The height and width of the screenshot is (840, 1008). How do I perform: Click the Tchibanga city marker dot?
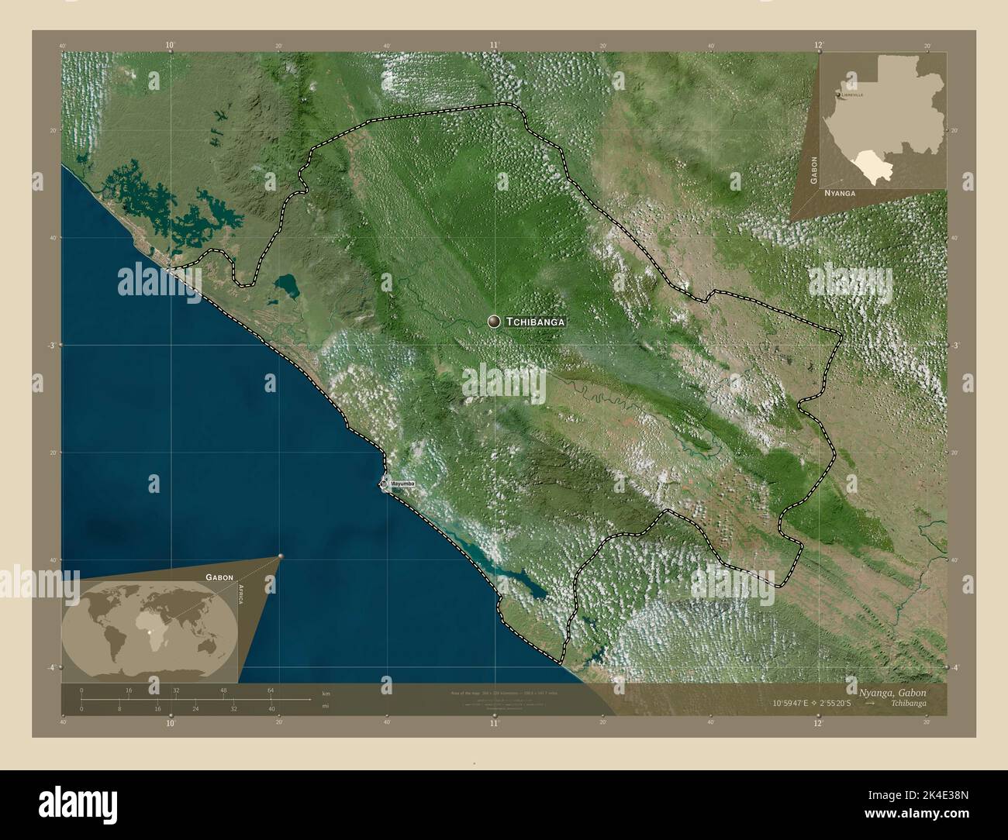pos(494,321)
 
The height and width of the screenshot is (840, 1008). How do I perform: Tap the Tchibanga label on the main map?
pos(535,321)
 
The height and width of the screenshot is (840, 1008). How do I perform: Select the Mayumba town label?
pos(402,484)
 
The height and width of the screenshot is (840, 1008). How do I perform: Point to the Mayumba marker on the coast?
pos(384,484)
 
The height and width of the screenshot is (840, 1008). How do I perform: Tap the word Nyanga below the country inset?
pos(840,192)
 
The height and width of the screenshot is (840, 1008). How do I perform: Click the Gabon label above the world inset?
pos(219,577)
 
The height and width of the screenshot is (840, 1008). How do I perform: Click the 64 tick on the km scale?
pos(271,690)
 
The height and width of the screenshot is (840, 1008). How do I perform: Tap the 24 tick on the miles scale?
pos(195,708)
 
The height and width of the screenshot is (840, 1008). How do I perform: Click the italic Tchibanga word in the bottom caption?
pos(908,704)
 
